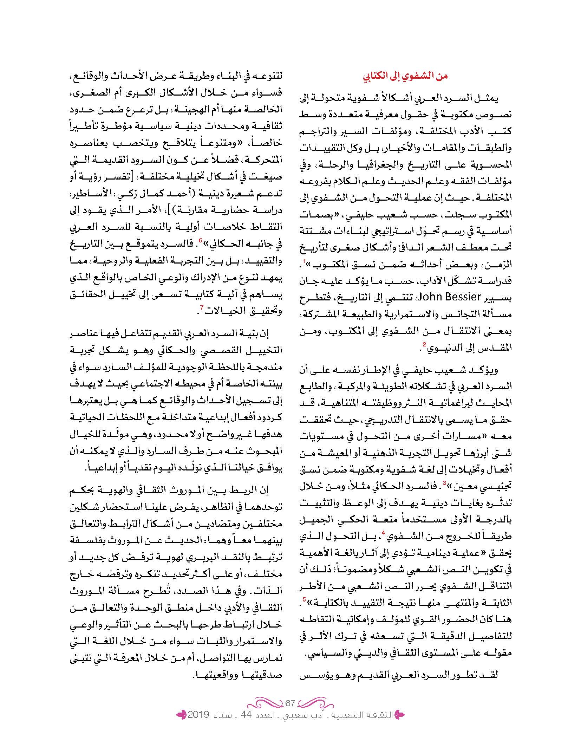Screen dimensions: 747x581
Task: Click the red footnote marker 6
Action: [x=200, y=240]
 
